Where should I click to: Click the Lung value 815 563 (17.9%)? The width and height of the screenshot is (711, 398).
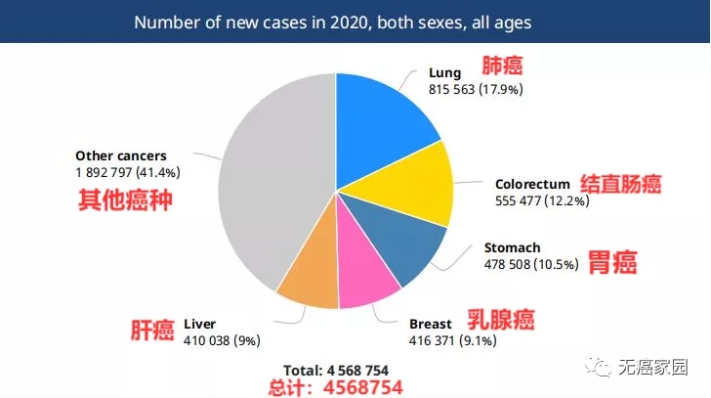(x=477, y=89)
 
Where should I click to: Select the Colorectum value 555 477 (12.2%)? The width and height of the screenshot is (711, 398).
(x=543, y=200)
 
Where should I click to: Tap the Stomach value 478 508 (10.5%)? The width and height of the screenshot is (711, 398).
(x=531, y=264)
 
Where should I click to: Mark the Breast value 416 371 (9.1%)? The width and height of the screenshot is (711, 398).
(x=452, y=340)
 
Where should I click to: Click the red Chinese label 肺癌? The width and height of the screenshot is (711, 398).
(x=503, y=66)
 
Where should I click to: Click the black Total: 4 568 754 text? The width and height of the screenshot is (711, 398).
(x=335, y=371)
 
